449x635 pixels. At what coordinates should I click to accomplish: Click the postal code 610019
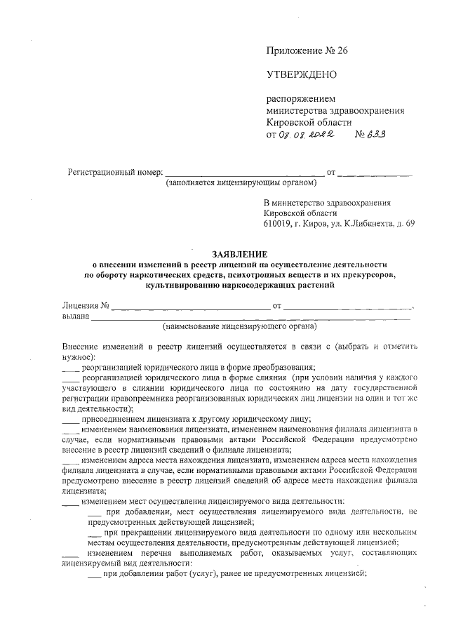[x=279, y=224]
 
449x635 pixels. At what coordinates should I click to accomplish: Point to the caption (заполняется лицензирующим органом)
[x=241, y=184]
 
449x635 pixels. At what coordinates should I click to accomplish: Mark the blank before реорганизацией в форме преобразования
[x=70, y=367]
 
